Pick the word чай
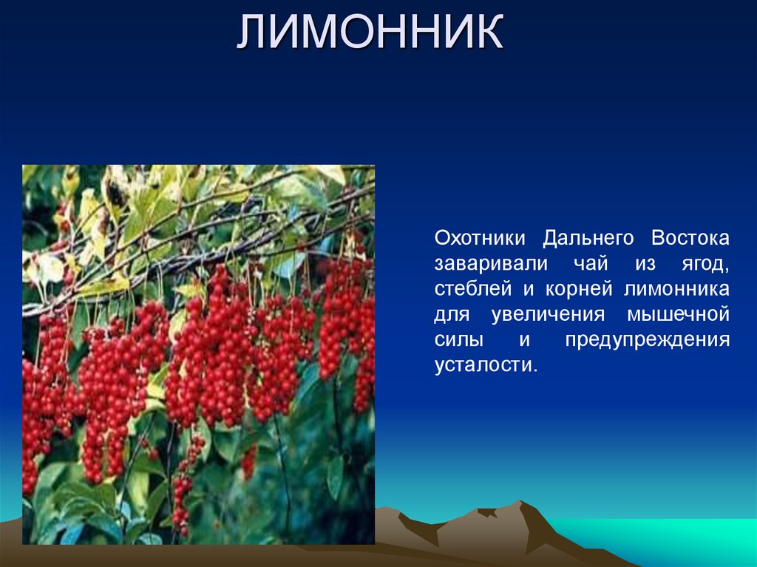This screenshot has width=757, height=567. (x=588, y=264)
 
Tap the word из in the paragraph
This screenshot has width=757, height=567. (x=645, y=264)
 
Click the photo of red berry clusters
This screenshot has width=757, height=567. (x=198, y=355)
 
